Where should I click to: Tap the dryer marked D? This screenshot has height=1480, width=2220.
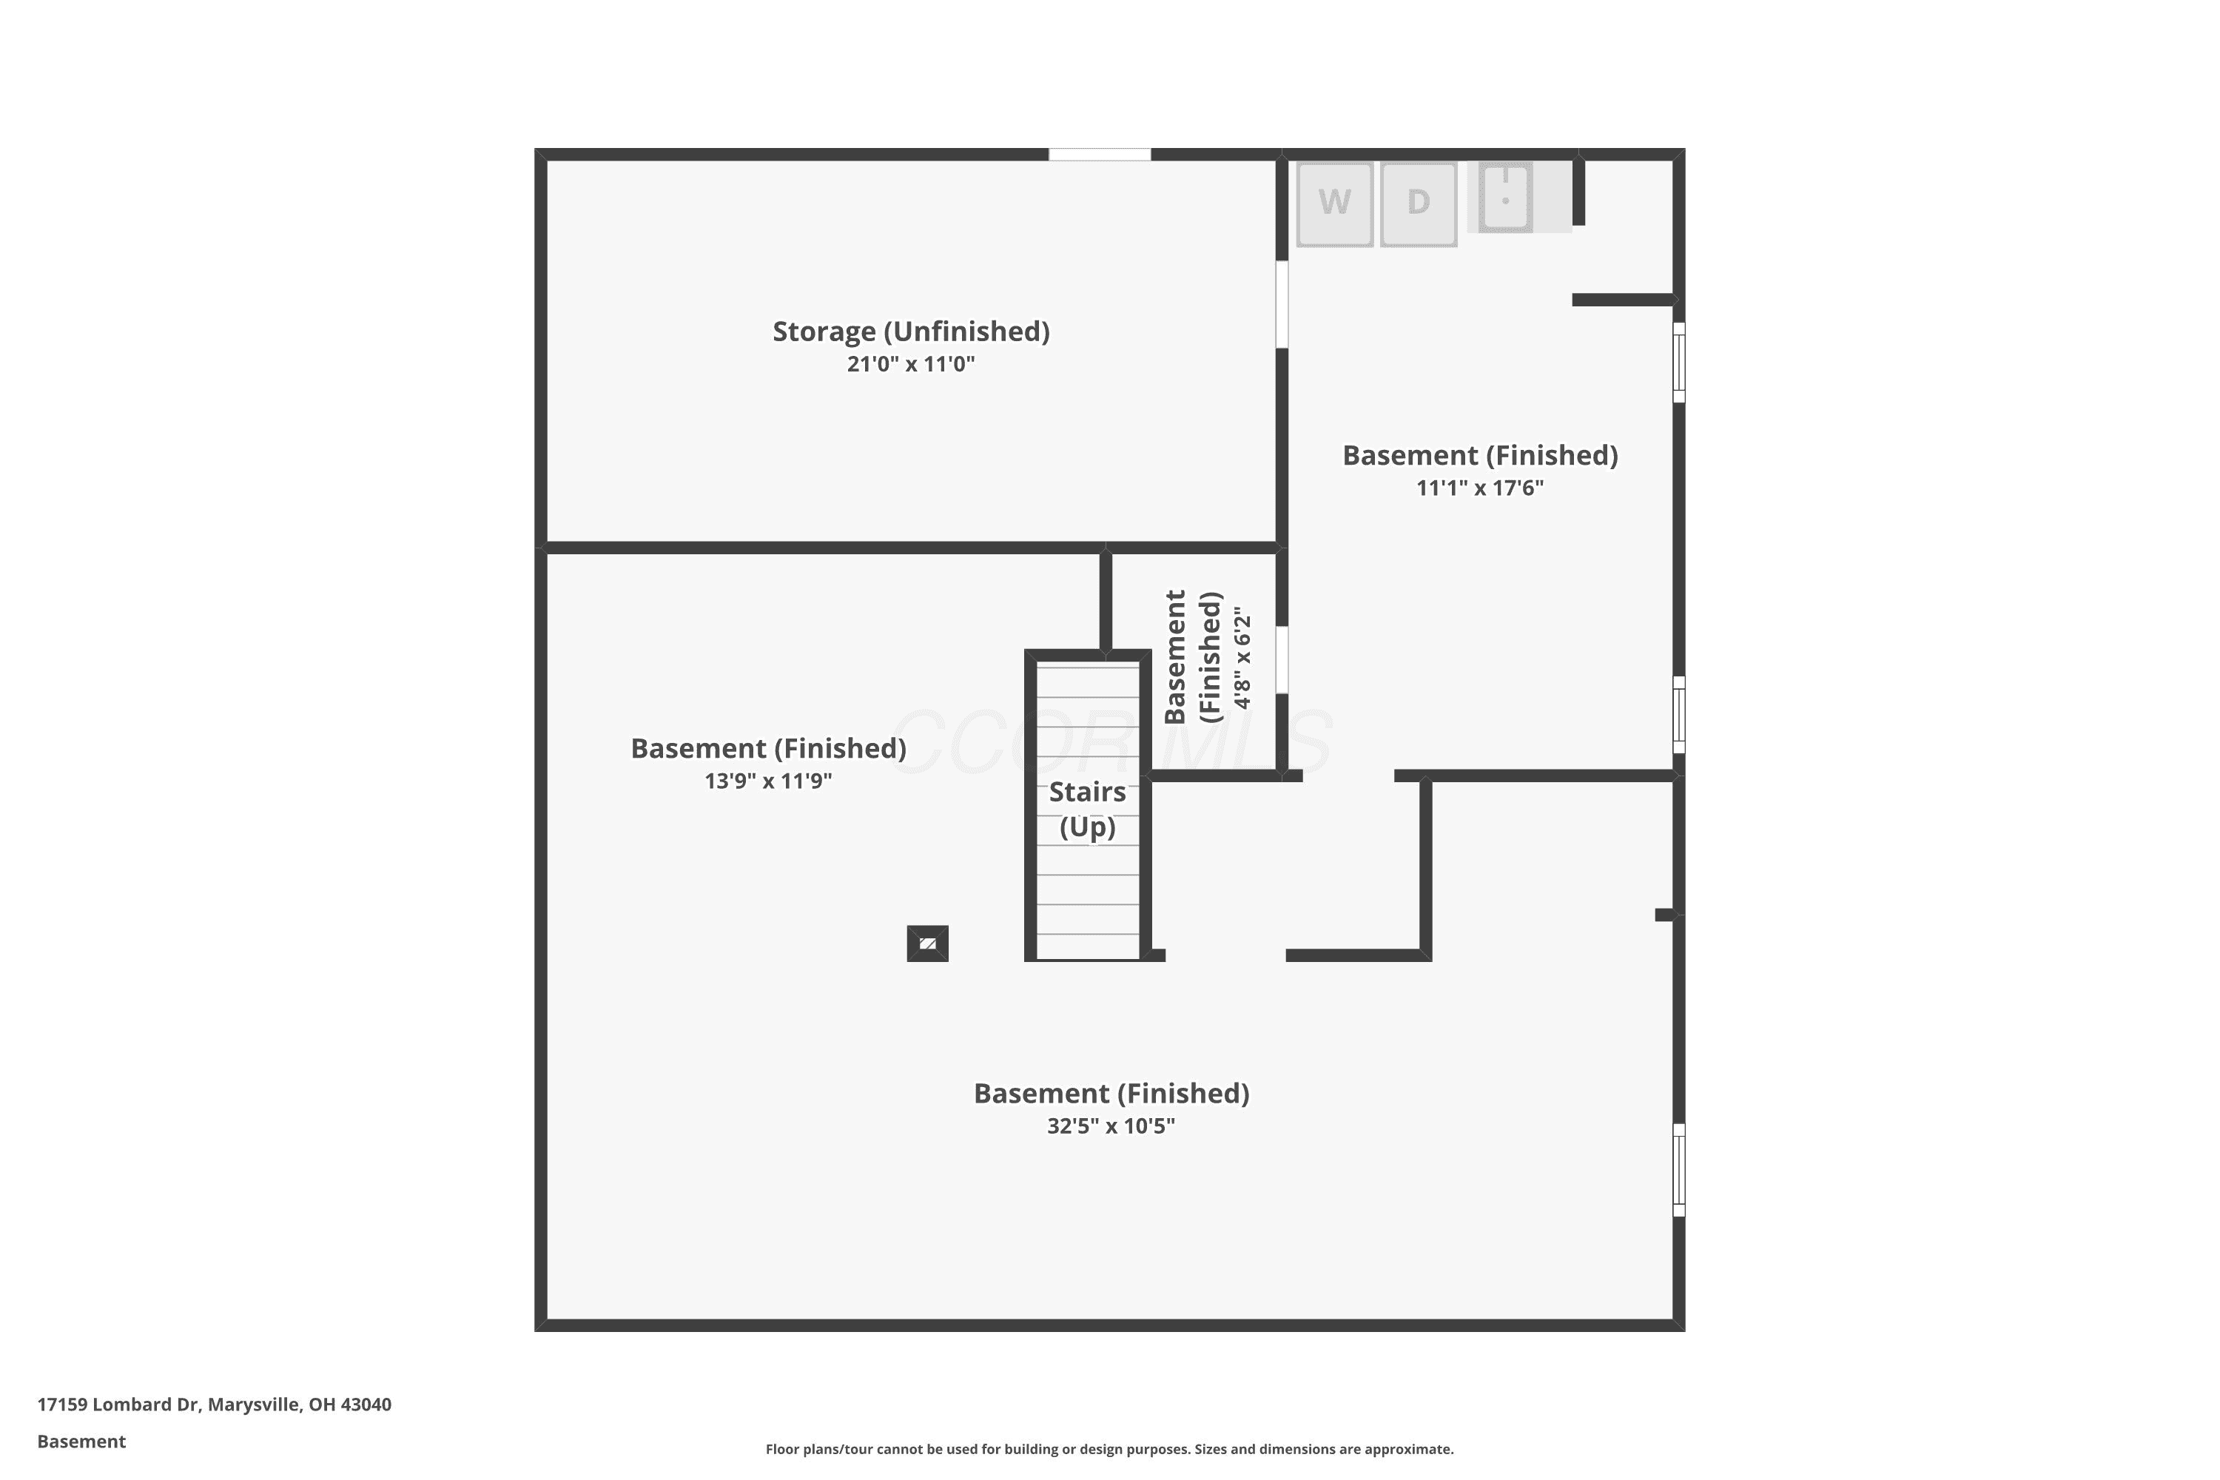(1419, 204)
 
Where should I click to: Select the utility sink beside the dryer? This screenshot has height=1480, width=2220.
(1504, 198)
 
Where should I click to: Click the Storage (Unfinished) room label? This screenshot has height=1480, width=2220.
(911, 332)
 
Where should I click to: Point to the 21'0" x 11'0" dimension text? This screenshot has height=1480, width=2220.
(911, 364)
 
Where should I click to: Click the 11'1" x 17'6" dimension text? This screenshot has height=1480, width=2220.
(1480, 488)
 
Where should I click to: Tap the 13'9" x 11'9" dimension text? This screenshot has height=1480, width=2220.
(768, 781)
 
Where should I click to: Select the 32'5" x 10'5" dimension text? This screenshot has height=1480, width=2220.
(1111, 1126)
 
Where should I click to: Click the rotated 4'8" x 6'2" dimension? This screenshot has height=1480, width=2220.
(1242, 658)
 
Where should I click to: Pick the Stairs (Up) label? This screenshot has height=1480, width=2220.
(1087, 810)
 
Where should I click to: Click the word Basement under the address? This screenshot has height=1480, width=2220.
(81, 1442)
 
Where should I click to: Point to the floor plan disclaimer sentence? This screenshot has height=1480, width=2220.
(1109, 1449)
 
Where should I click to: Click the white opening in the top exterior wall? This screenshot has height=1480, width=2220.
(1100, 155)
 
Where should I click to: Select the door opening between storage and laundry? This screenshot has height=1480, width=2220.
(1282, 305)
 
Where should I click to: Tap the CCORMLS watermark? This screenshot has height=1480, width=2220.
(1111, 743)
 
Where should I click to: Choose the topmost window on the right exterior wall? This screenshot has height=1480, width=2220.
(1679, 363)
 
